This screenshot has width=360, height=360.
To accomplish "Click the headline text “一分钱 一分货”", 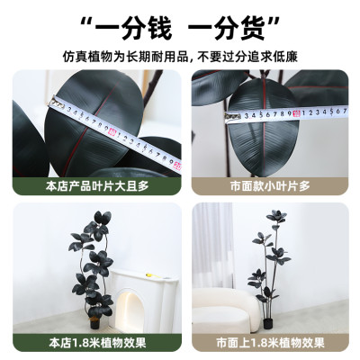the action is tap(181, 29).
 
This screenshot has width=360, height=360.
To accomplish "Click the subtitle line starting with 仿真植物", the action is tap(180, 57).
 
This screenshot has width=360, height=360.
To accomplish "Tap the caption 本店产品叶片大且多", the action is tap(97, 186).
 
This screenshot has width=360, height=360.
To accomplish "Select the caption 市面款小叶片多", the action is tap(270, 186).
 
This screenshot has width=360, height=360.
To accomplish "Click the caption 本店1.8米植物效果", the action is tap(97, 343).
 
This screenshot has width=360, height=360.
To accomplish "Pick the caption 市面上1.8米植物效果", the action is tap(270, 343).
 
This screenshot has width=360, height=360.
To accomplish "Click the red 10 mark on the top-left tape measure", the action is tap(112, 131).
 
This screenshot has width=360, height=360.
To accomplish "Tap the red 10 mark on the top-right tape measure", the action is tap(296, 113).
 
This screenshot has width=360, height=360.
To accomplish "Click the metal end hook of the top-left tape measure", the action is tap(57, 103).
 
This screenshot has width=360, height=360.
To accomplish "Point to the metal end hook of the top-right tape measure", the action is tap(233, 117).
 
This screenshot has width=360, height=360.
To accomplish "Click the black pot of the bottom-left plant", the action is tap(94, 324).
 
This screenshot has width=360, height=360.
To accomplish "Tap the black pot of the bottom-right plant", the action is tap(267, 324).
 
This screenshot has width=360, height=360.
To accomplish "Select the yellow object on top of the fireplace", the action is tap(149, 274).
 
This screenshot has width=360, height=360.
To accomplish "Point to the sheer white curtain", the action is tap(213, 245).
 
